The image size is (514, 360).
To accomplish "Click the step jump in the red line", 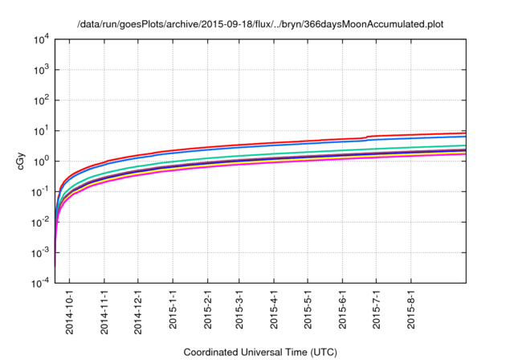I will [367, 137].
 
